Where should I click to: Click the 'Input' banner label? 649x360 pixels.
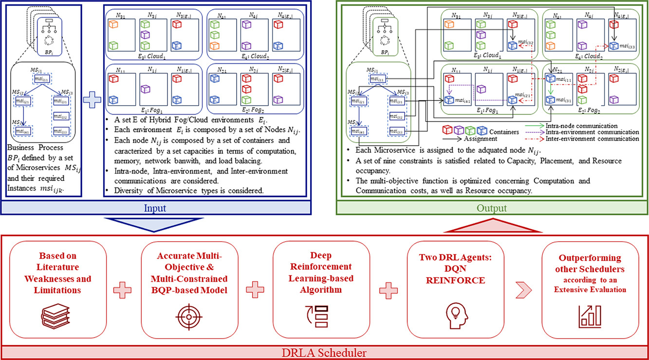pos(155,208)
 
